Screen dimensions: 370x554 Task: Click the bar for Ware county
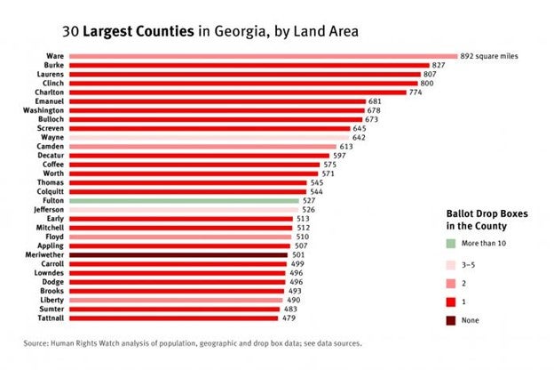tap(262, 56)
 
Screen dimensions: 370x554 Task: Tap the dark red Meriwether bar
tap(178, 254)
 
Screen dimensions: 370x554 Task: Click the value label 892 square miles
tap(488, 56)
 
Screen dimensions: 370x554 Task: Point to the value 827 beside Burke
tap(438, 66)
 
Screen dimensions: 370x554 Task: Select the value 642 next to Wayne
tap(359, 137)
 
